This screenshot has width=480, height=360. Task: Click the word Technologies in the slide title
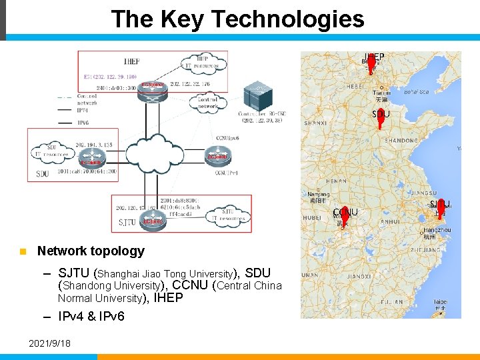(289, 19)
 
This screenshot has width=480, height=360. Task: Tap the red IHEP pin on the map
(371, 63)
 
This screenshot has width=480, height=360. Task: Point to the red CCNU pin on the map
(345, 216)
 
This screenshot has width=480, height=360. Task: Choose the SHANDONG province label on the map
(401, 140)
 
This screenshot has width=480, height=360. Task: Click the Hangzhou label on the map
(437, 230)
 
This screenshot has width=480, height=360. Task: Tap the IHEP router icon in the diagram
(153, 92)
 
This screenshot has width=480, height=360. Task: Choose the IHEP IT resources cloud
(201, 63)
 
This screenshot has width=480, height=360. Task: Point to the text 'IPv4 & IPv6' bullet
(91, 317)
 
